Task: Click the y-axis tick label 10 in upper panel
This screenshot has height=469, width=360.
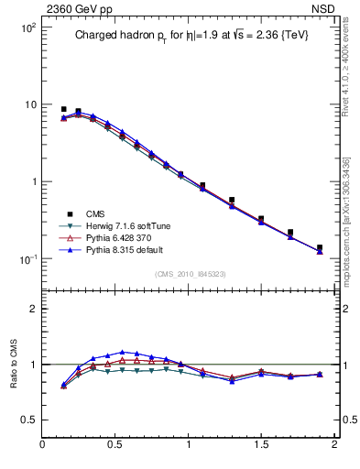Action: [x=29, y=104]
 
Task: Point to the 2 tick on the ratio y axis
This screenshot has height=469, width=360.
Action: [x=32, y=309]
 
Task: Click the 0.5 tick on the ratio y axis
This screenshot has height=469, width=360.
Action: [x=27, y=420]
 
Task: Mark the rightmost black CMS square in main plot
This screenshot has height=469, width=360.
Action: [x=320, y=247]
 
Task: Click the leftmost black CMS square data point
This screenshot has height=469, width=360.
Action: [x=63, y=109]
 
